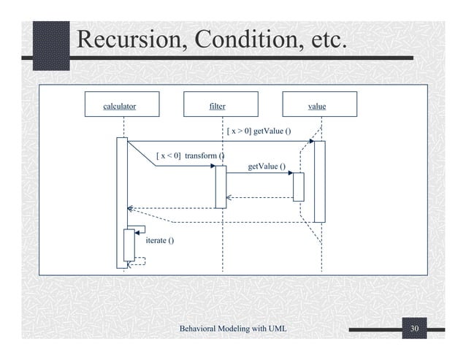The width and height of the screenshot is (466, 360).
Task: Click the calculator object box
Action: tap(120, 105)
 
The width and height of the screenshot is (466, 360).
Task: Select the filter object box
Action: tap(217, 105)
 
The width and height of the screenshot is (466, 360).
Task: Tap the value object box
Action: tap(317, 105)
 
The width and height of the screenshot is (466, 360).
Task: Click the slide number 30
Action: tap(415, 332)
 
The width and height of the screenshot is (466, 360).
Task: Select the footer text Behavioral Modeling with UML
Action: tap(232, 332)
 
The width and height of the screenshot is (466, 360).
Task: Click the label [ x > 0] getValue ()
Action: tap(259, 131)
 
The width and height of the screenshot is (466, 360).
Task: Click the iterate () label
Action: tap(160, 240)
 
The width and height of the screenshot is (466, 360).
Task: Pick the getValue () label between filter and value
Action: tap(267, 167)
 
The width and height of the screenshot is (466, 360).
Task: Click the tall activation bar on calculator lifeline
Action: tap(122, 190)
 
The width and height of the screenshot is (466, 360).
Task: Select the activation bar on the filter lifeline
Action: tap(221, 187)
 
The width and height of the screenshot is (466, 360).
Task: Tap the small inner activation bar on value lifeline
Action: tap(298, 187)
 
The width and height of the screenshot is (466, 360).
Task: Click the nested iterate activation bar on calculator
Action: tap(129, 245)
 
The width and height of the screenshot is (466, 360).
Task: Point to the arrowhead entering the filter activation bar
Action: tap(213, 166)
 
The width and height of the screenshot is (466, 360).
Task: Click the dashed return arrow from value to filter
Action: tap(260, 197)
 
